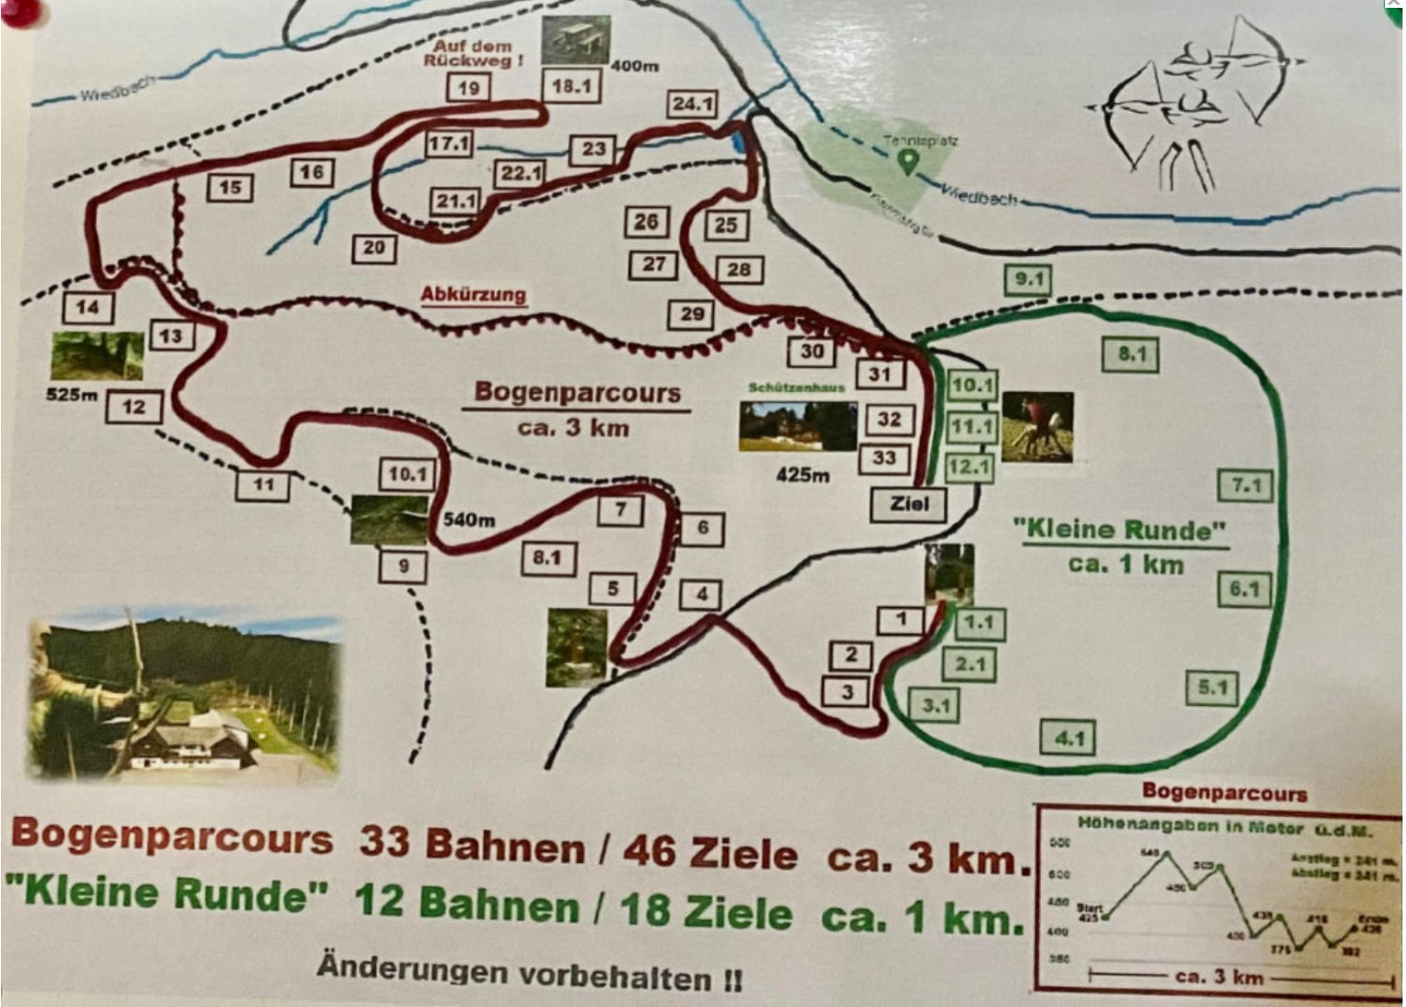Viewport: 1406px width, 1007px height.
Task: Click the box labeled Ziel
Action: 908,504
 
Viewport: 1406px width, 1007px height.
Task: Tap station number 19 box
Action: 468,88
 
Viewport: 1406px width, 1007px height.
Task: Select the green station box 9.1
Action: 1028,279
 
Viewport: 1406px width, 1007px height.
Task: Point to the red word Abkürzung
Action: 474,294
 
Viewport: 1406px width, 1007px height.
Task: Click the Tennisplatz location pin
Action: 907,161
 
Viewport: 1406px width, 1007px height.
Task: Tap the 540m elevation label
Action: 469,520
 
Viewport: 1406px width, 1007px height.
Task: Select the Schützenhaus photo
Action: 797,426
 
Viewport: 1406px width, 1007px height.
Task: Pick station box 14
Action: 88,307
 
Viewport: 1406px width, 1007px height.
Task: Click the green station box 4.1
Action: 1068,738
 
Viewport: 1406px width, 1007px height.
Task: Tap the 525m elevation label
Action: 71,395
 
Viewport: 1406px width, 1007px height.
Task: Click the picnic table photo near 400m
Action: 576,39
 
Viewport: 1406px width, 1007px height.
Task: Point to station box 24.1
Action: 692,104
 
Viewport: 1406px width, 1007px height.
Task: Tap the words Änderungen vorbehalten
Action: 529,972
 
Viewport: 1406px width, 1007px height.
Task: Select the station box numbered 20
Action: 374,248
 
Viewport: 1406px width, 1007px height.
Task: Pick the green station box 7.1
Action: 1245,486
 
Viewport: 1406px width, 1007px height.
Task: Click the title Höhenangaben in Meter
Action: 1224,827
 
